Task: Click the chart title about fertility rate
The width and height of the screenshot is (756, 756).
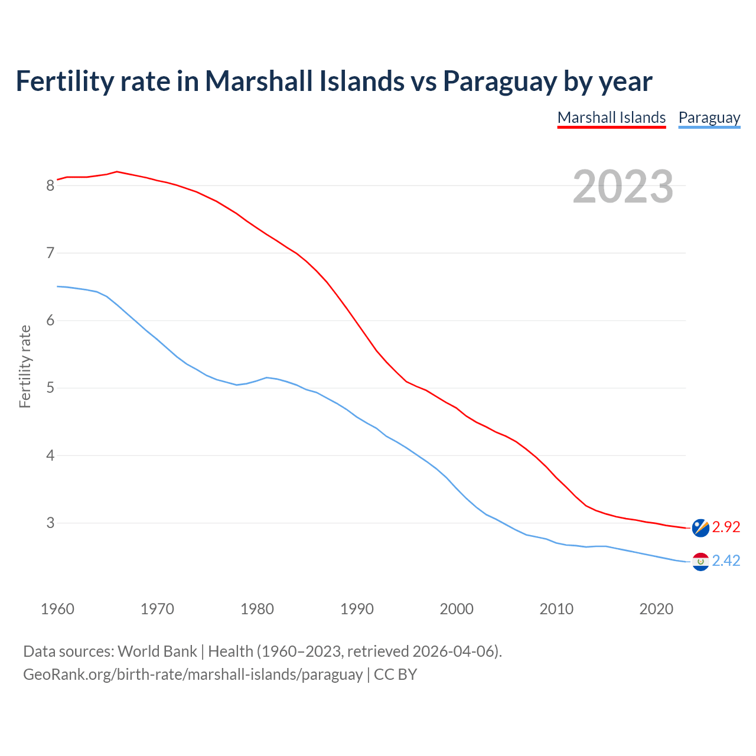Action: coord(334,81)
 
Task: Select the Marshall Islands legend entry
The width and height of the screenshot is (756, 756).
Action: coord(611,118)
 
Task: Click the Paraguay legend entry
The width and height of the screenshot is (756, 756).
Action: coord(709,118)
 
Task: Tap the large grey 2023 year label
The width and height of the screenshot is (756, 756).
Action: coord(623,187)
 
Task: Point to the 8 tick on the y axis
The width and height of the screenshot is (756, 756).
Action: coord(50,185)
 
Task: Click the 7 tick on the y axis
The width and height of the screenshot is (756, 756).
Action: coord(50,253)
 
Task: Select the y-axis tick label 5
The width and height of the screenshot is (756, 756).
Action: coord(50,388)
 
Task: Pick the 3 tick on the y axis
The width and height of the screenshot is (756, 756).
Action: coord(50,523)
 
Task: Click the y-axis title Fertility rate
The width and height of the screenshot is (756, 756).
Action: coord(25,366)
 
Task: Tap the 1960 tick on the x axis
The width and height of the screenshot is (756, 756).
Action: coord(57,609)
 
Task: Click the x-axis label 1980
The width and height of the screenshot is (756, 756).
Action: coord(257,609)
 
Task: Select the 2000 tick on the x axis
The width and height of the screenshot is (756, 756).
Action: coord(457,609)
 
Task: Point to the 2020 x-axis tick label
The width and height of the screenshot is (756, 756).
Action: coord(656,609)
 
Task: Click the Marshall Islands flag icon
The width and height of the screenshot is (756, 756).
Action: coord(700,527)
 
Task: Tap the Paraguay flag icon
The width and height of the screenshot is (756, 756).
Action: coord(700,561)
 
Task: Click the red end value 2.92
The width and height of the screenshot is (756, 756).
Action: coord(726,527)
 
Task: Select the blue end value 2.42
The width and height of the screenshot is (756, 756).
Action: coord(726,561)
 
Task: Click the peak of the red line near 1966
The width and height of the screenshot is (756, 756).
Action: coord(117,172)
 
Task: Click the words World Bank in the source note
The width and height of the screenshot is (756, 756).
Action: coord(157,651)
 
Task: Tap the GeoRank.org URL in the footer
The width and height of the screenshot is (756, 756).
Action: coord(193,674)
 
